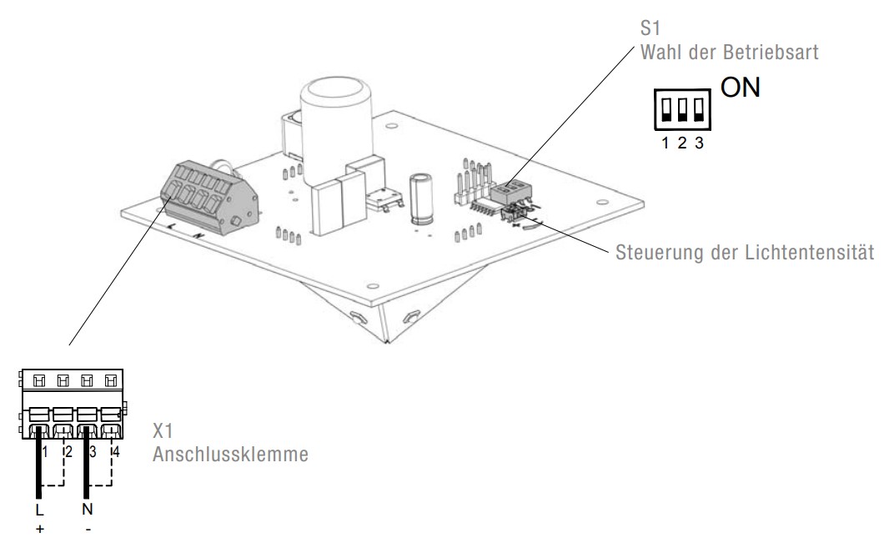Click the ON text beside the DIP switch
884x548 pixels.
tap(740, 88)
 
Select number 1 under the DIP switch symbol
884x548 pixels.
tap(666, 143)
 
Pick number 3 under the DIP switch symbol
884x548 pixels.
tap(698, 143)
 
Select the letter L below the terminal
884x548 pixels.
tap(39, 509)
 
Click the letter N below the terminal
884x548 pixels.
tap(87, 509)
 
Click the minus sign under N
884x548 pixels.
tap(87, 527)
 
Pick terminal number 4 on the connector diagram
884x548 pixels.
tap(117, 453)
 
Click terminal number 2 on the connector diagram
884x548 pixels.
tap(69, 453)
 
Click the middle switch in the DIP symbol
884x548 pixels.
tap(682, 110)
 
